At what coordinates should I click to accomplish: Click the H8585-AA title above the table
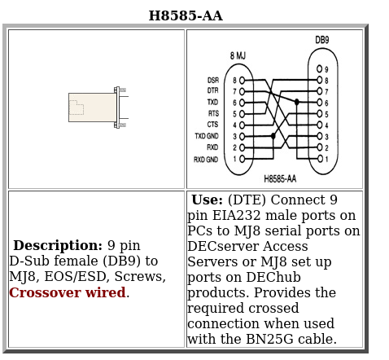(x=186, y=15)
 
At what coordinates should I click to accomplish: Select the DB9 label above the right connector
(x=322, y=40)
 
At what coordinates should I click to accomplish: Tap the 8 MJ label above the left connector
(x=238, y=56)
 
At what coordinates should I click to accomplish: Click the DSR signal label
(x=213, y=81)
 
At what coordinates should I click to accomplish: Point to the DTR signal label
(x=213, y=90)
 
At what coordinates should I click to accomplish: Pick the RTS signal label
(x=213, y=113)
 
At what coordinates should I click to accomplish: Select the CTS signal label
(x=212, y=125)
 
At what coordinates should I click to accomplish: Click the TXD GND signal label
(x=207, y=136)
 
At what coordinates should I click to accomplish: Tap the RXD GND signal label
(x=206, y=159)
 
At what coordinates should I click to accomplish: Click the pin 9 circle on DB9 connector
(x=320, y=68)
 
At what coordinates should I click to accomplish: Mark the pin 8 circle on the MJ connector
(x=242, y=80)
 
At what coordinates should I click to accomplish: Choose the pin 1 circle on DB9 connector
(x=320, y=159)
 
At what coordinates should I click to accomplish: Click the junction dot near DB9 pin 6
(x=297, y=102)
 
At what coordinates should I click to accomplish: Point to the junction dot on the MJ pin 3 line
(x=273, y=136)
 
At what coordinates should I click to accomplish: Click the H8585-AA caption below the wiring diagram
(x=280, y=179)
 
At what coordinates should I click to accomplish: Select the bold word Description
(x=58, y=245)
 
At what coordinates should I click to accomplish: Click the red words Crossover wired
(x=68, y=292)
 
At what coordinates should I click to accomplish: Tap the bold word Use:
(x=208, y=200)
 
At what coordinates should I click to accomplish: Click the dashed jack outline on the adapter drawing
(x=76, y=108)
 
